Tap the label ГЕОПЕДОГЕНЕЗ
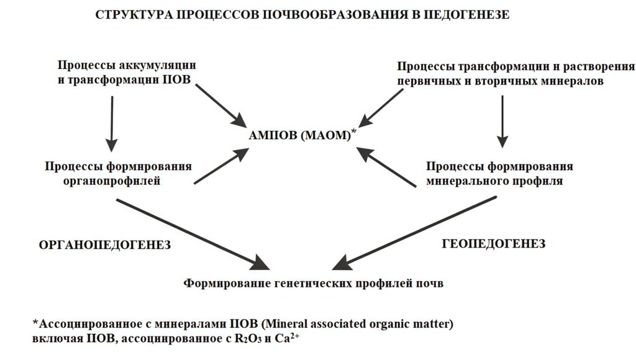494,244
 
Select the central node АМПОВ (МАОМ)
301,135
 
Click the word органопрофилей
112,181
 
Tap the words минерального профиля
494,181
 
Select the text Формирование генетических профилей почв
314,284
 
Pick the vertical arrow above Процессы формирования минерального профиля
504,120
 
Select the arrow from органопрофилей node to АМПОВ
220,166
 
